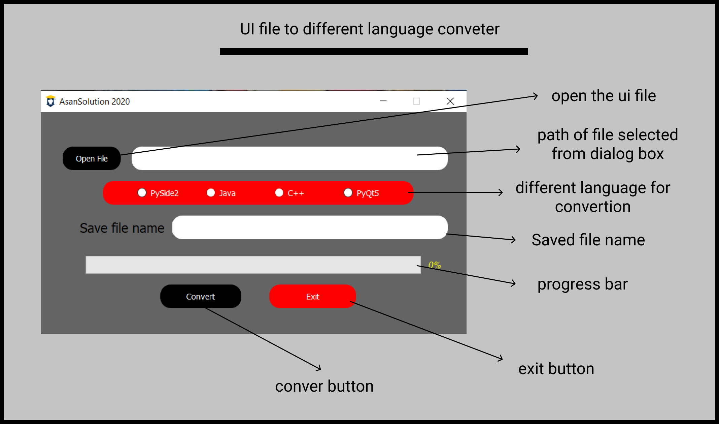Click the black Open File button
point(92,158)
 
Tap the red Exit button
point(312,296)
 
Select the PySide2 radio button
point(142,192)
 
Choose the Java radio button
point(211,192)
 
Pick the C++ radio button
point(279,192)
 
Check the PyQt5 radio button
point(348,192)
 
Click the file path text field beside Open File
point(289,158)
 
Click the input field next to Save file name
point(310,228)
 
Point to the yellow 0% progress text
point(434,265)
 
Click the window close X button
point(450,101)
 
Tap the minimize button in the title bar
point(383,101)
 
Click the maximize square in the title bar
point(416,101)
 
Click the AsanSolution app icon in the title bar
point(50,101)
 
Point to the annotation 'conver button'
point(324,386)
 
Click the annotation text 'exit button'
point(556,369)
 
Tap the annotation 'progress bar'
point(582,284)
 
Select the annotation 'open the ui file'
point(604,96)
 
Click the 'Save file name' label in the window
point(122,228)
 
